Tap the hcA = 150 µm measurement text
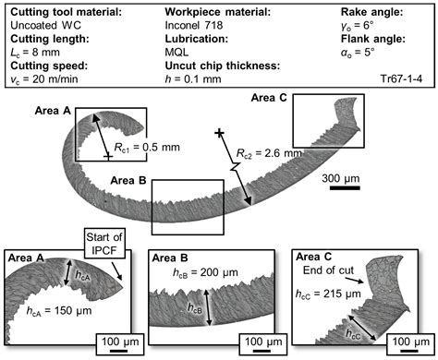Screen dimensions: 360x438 point(41,312)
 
